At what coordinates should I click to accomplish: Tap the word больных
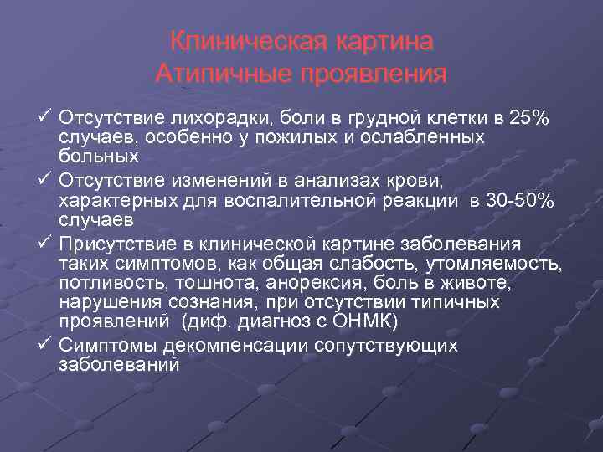click(x=99, y=157)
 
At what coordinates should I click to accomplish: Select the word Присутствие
click(x=118, y=244)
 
